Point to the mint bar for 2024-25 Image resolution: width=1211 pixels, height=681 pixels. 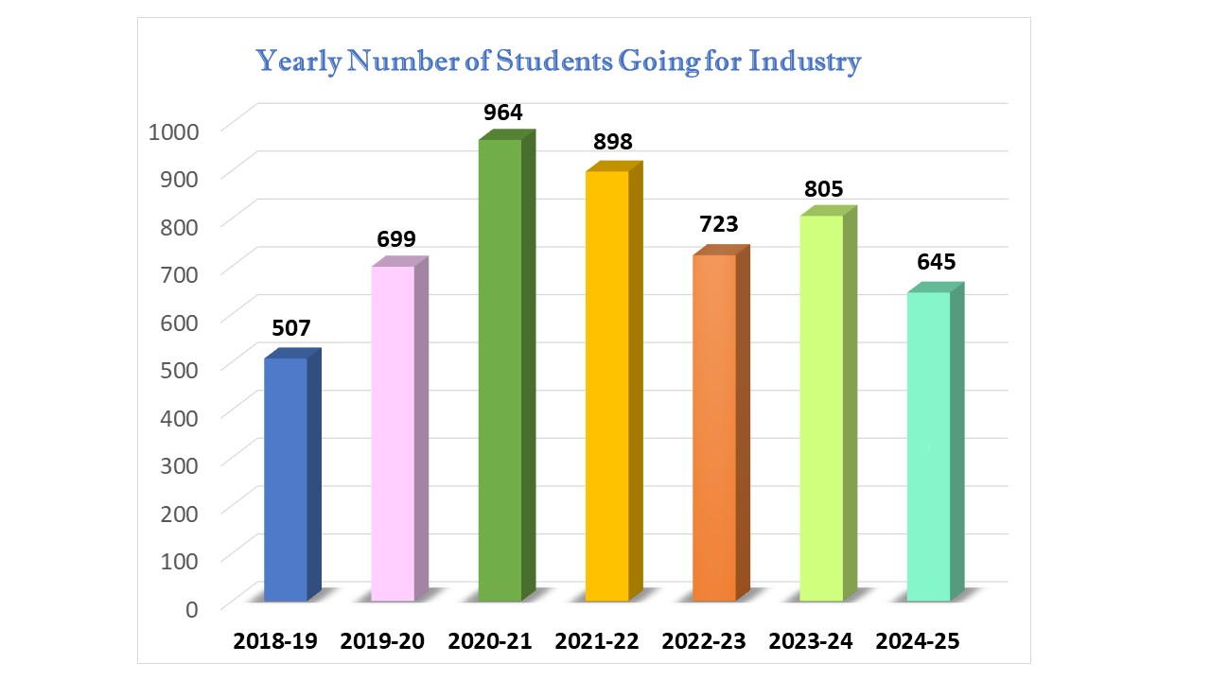click(928, 446)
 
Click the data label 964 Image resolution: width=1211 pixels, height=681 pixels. click(503, 113)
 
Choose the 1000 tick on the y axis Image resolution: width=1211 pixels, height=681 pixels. click(174, 130)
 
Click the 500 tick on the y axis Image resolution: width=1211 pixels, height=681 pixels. click(180, 368)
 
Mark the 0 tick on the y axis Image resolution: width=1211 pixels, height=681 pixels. click(192, 607)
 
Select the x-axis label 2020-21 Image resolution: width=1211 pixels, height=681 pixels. click(489, 641)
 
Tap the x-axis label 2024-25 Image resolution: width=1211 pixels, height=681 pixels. click(918, 641)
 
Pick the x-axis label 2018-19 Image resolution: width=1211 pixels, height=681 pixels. click(275, 641)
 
